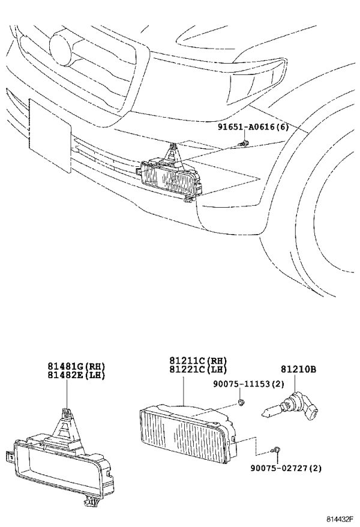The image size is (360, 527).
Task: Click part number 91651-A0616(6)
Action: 253,127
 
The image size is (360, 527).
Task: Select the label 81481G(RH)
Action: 76,366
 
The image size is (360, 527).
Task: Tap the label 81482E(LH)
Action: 76,375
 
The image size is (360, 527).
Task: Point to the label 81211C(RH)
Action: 198,361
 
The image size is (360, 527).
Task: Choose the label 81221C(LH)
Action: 198,369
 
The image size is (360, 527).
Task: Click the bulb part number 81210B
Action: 299,369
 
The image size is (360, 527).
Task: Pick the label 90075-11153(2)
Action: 248,384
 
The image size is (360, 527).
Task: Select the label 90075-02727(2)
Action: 286,468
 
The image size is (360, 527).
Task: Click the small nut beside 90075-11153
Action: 241,402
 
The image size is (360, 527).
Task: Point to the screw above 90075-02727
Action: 275,450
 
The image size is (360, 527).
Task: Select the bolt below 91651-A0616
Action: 244,143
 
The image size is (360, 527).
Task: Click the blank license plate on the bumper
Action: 50,136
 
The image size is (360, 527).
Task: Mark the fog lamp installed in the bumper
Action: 171,178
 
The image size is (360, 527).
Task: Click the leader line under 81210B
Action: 295,383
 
